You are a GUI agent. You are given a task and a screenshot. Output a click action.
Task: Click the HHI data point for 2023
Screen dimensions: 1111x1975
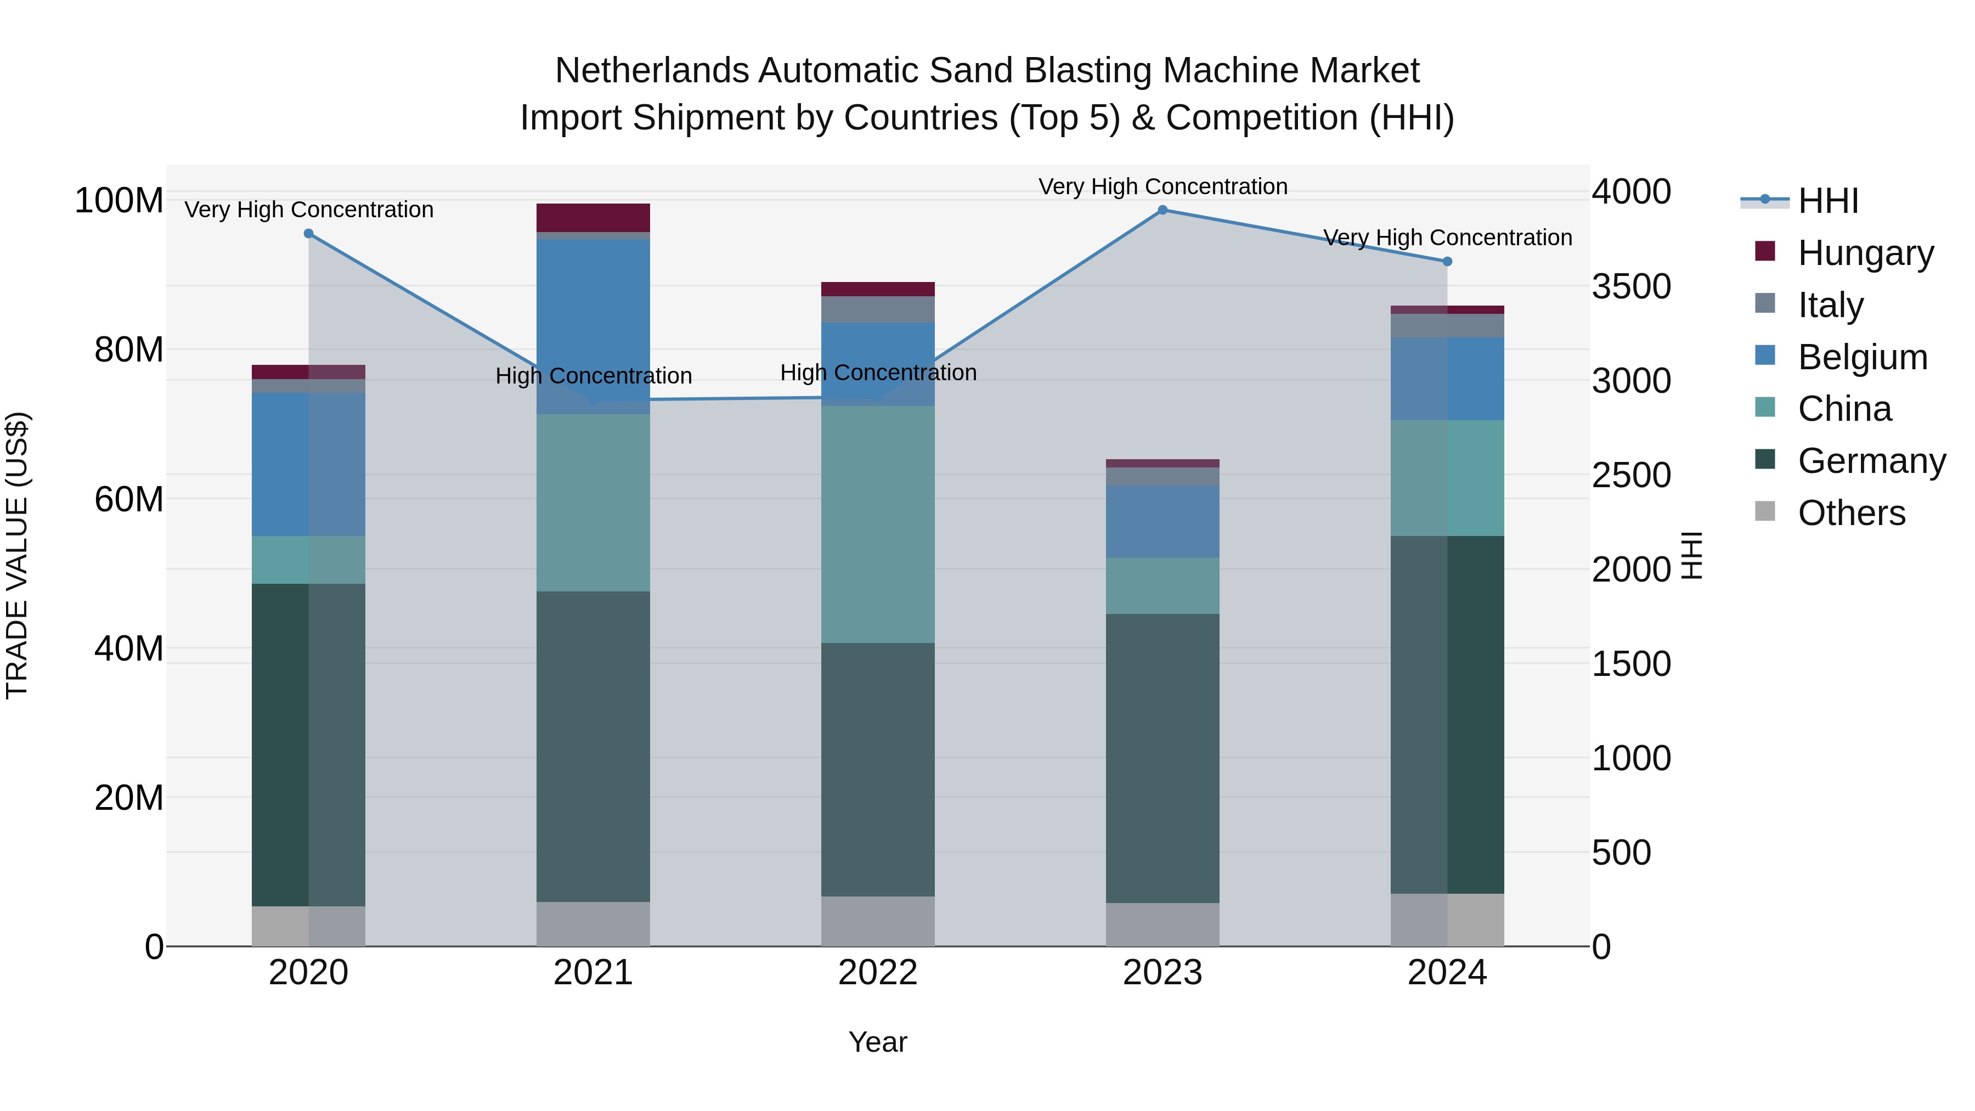1163,210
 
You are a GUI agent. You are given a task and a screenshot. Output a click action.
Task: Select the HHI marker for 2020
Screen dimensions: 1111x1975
309,234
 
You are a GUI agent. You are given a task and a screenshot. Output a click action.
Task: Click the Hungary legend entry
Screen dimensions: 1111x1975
1865,253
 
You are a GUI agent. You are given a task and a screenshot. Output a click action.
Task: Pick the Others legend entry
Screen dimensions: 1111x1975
1851,513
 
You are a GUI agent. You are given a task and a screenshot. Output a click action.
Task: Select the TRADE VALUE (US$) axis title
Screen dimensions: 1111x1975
17,555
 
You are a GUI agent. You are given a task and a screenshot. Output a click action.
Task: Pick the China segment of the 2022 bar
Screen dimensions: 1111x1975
878,525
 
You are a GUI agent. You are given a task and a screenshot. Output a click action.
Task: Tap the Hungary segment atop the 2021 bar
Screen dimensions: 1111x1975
594,218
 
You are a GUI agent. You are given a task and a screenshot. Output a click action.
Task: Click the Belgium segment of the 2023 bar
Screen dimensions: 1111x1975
1163,521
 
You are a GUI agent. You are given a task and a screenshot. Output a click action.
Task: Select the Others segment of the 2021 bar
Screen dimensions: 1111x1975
594,924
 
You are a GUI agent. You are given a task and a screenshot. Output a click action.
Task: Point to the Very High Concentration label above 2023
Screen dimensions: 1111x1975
1163,187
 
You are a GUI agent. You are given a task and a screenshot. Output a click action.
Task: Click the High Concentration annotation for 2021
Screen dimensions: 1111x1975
594,376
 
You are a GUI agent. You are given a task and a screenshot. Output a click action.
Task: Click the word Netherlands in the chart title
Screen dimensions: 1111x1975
652,71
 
